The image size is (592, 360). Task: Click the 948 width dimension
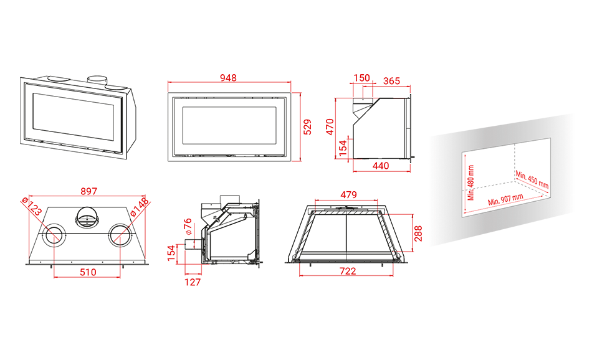pos(229,78)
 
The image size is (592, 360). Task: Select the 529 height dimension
pos(308,127)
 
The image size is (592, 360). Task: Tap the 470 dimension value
pos(330,127)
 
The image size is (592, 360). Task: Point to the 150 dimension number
pos(361,78)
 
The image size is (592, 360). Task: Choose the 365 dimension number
pos(391,81)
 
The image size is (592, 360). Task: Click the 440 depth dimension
pos(381,166)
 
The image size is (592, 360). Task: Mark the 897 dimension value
pos(88,191)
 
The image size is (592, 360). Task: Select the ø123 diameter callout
pos(32,206)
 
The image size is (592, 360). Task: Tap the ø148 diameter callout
pos(140,207)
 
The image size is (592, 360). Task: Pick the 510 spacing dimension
pos(88,272)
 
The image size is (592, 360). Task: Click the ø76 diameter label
pos(188,227)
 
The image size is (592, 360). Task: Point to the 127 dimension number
pos(193,282)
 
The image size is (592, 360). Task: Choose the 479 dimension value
pos(348,195)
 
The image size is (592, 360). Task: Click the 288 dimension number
pos(418,234)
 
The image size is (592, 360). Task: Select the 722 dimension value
pos(348,271)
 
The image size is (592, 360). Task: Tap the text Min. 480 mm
pos(471,182)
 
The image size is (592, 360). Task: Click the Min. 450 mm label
pos(532,179)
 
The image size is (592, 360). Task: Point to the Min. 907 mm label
pos(505,200)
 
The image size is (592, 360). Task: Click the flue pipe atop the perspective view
pos(98,80)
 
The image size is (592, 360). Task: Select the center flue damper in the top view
pos(87,217)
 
